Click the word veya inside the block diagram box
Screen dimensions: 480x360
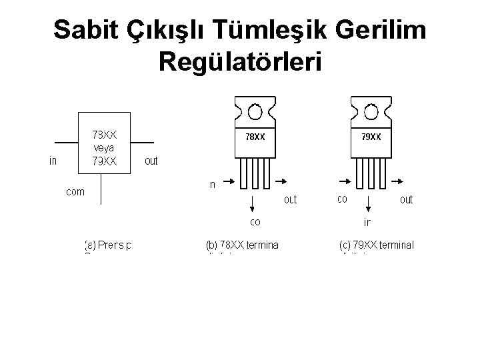pos(105,147)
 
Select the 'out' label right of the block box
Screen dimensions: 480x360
pos(151,161)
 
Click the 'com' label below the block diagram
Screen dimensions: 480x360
pos(75,191)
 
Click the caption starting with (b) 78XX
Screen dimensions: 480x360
pos(242,245)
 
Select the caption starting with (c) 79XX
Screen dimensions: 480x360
pos(376,245)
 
